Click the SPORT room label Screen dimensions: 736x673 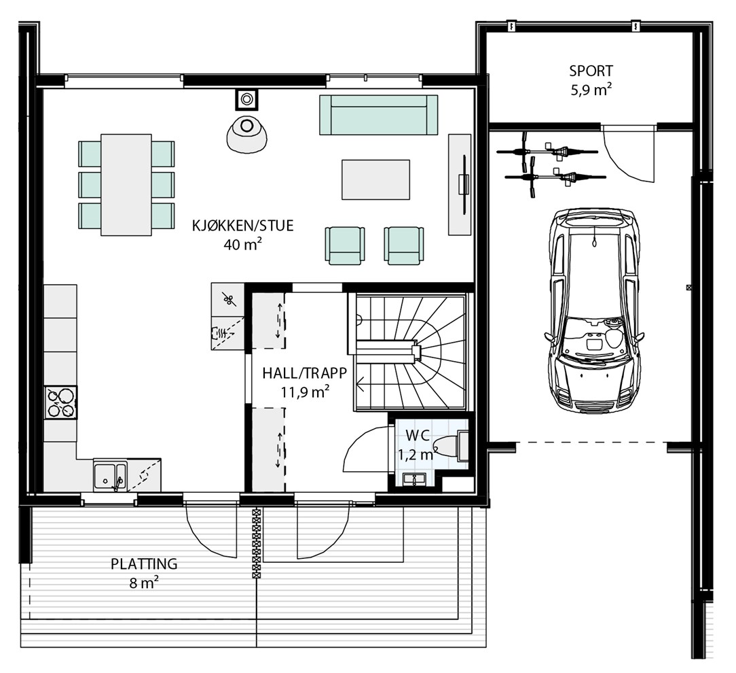pos(591,71)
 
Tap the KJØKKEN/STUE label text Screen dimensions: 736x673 pos(242,226)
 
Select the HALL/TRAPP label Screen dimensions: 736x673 pos(305,373)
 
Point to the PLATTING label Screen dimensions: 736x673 pos(144,564)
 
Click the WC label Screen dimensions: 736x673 pos(418,435)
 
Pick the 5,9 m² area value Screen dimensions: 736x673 pos(591,89)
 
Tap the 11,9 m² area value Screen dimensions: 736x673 pos(305,391)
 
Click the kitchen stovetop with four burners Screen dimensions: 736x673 pos(61,402)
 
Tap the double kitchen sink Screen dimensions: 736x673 pos(110,476)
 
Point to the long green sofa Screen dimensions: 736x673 pos(378,115)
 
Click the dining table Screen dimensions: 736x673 pos(126,185)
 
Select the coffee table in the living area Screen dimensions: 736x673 pos(375,179)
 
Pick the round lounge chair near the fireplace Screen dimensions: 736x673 pos(246,134)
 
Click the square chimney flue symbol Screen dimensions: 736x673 pos(246,99)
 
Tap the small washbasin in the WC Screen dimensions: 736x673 pos(414,479)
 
